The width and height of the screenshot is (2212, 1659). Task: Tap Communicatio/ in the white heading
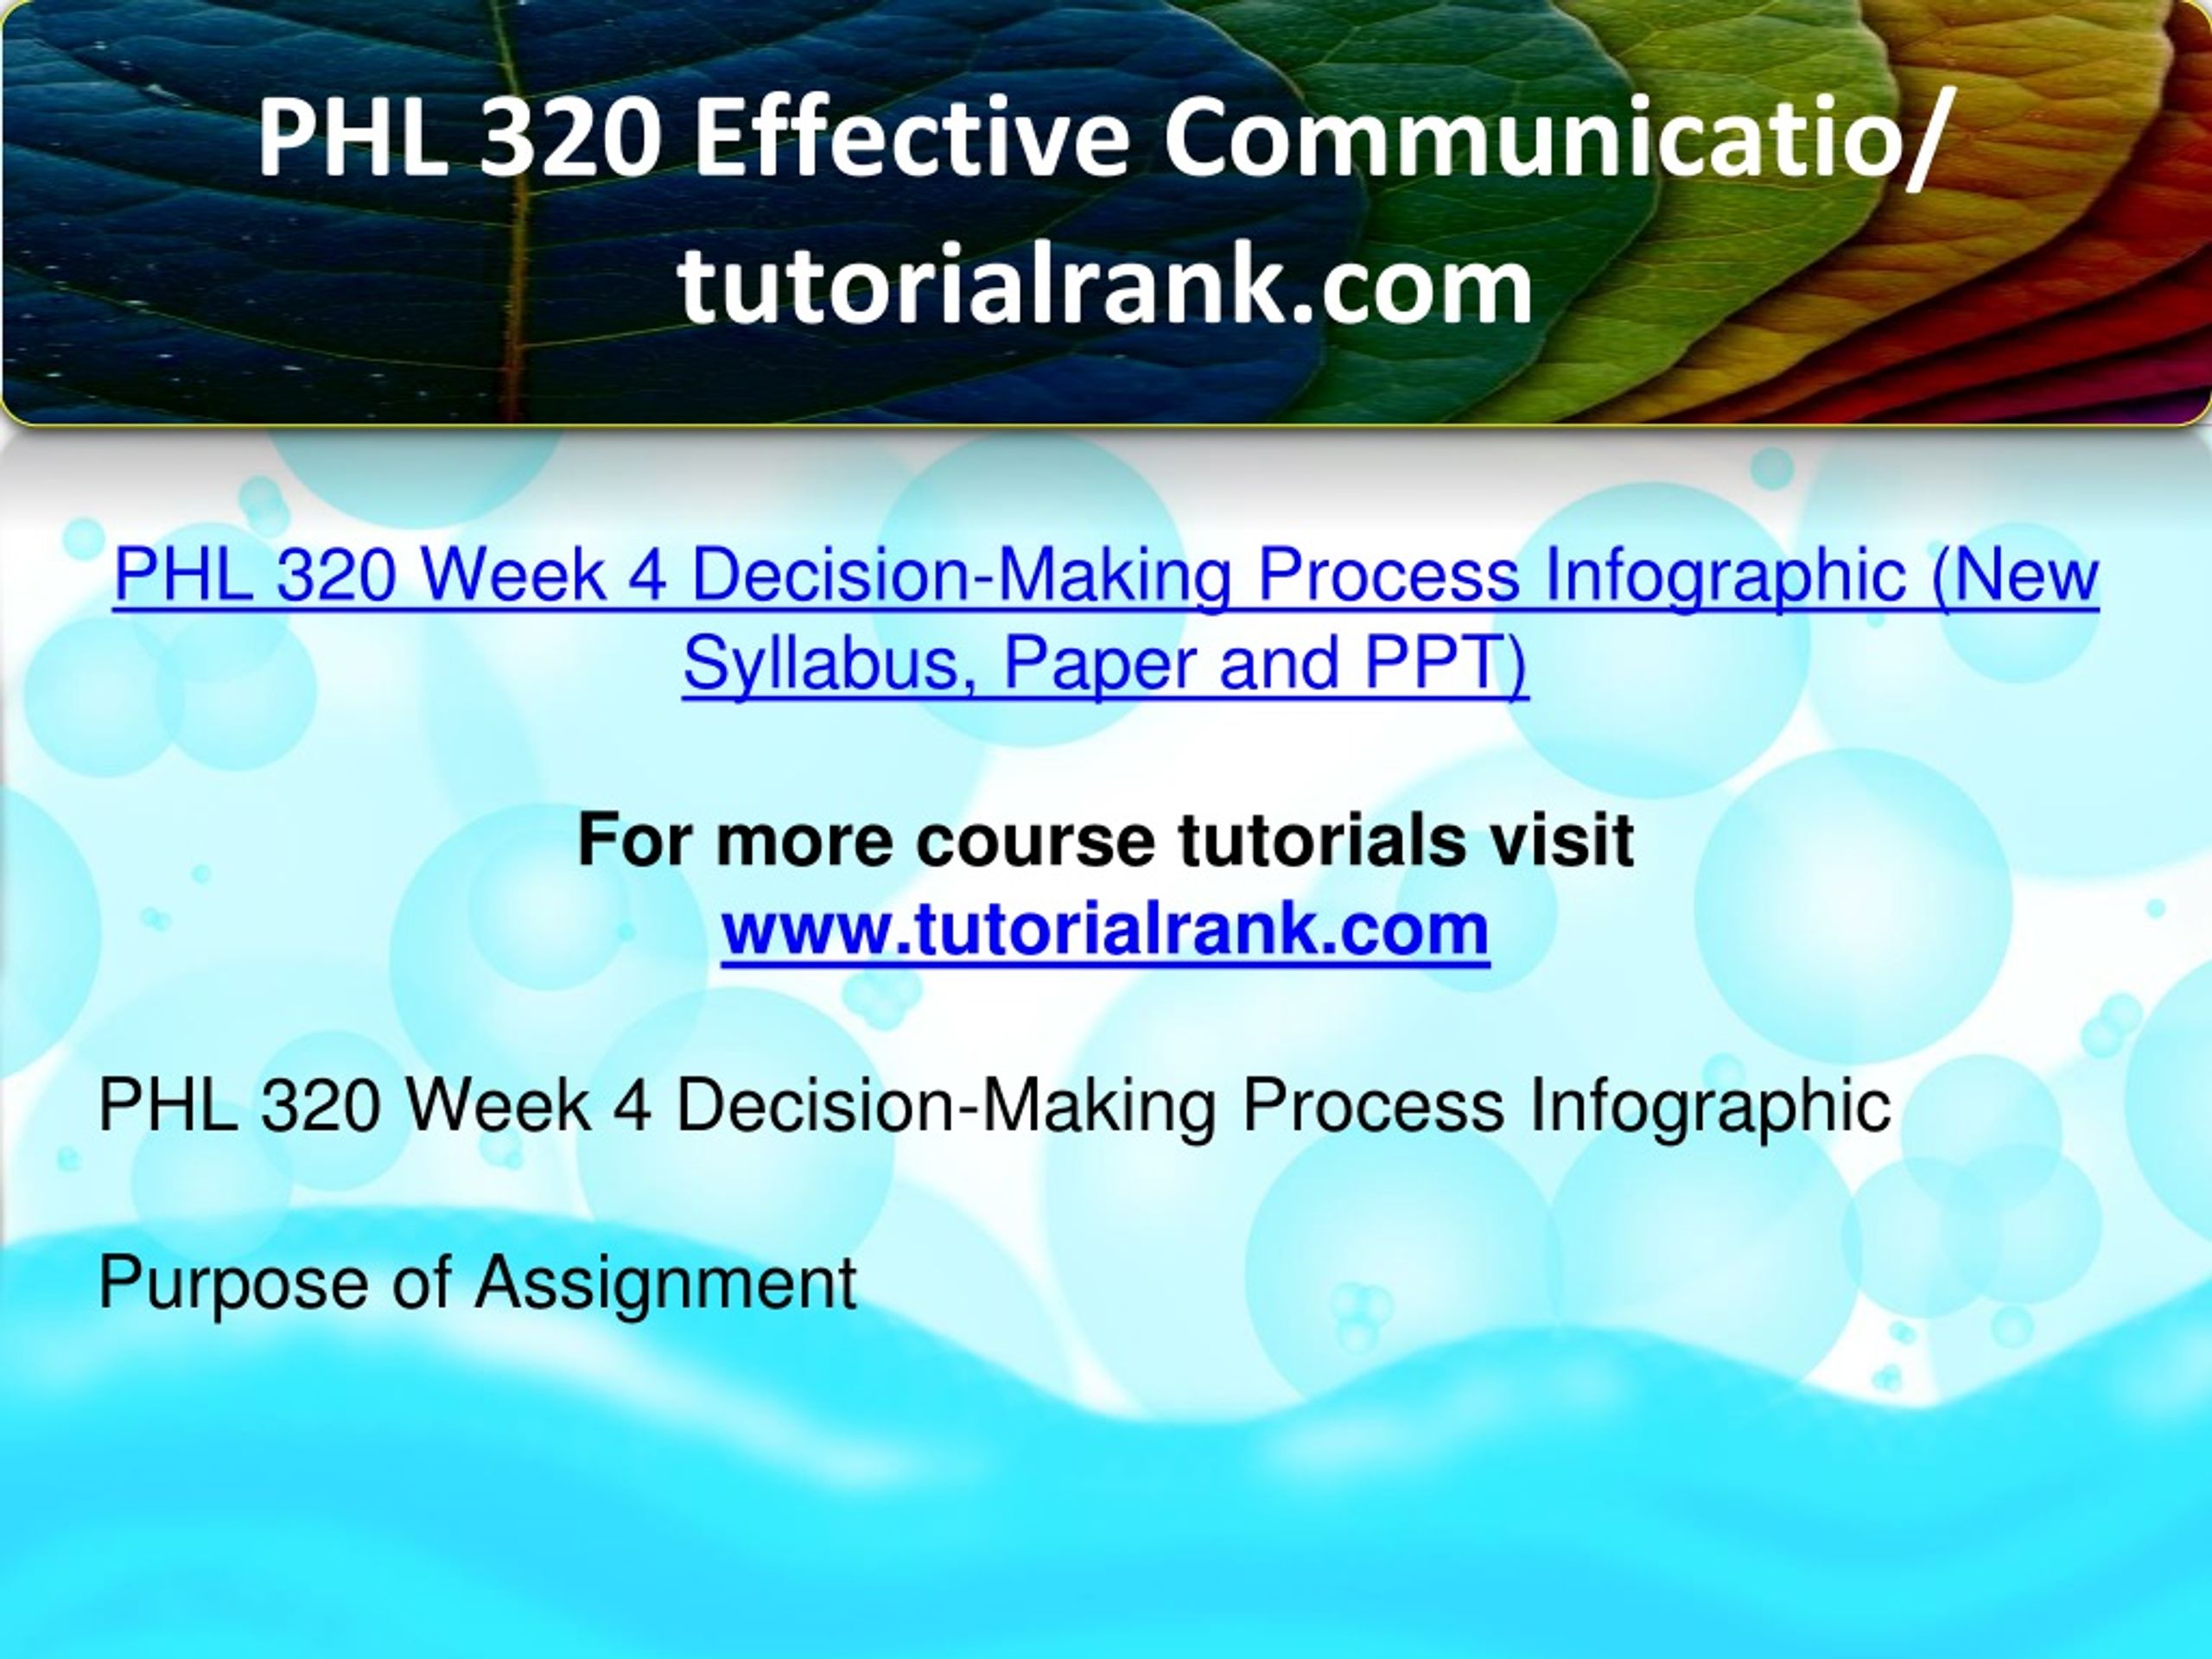1556,141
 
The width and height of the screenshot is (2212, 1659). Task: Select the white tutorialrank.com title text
1105,286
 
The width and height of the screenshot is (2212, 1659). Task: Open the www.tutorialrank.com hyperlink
1105,929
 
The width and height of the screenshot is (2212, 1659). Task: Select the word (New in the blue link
2015,577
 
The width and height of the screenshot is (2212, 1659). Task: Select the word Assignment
666,1284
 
